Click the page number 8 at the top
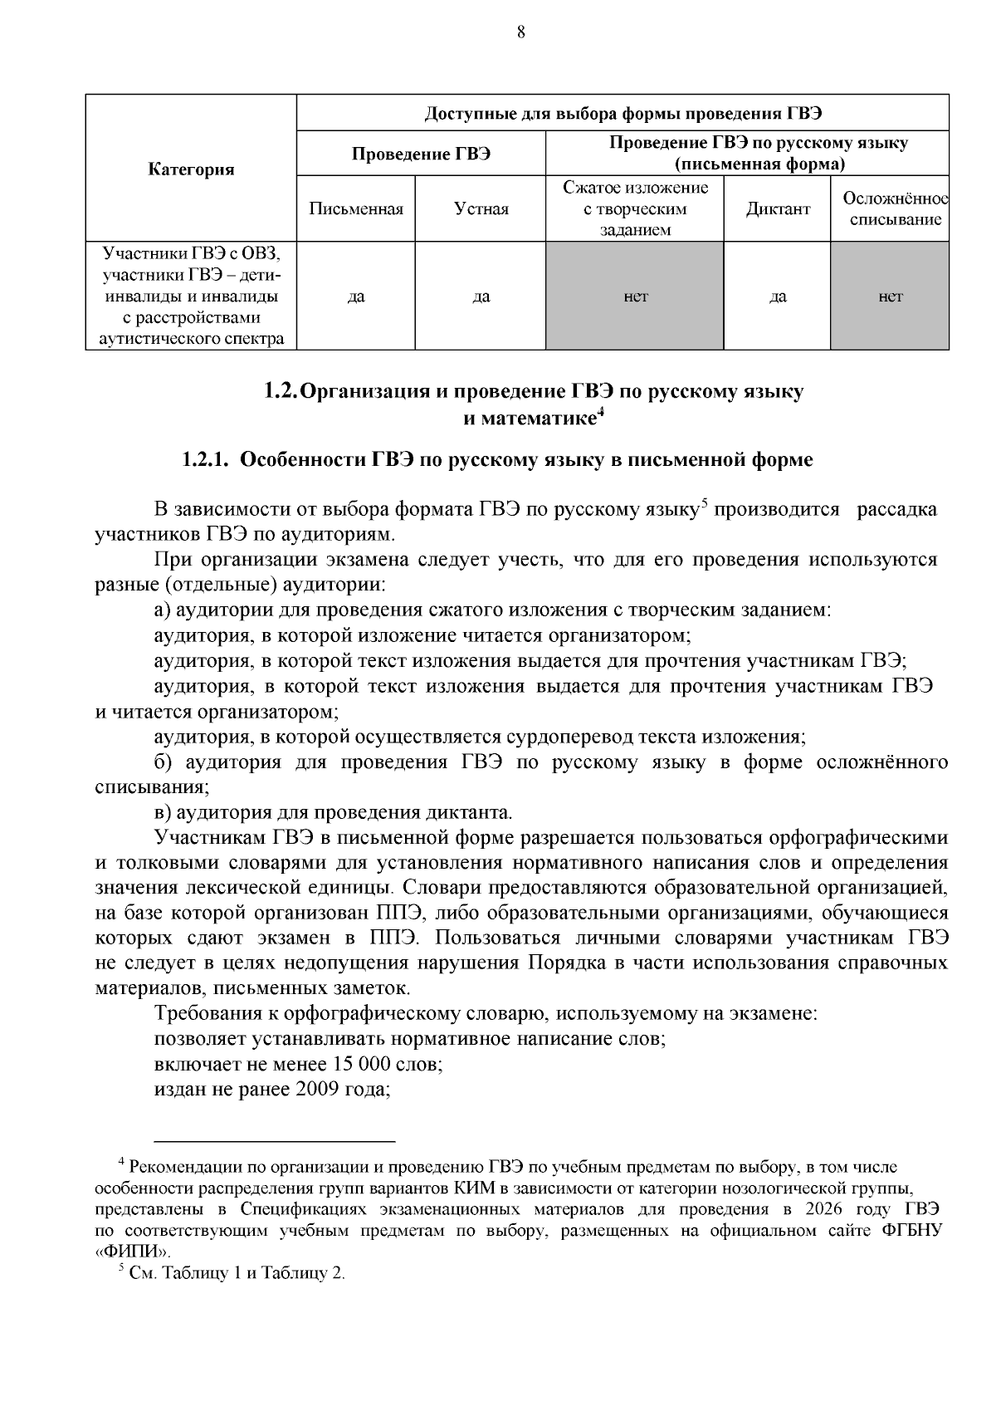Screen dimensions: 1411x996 [520, 32]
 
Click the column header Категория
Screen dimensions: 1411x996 [191, 169]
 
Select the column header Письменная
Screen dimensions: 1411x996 [355, 209]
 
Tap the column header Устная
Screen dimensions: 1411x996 [481, 209]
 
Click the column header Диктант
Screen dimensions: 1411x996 [778, 209]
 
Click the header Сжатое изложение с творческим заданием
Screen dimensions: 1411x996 [635, 209]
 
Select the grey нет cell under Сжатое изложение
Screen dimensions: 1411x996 [635, 296]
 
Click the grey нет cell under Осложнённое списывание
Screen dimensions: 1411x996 [890, 296]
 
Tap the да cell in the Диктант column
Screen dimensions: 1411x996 [778, 296]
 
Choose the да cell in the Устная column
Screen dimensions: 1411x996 [481, 296]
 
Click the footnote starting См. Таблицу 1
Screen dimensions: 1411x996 [237, 1273]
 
